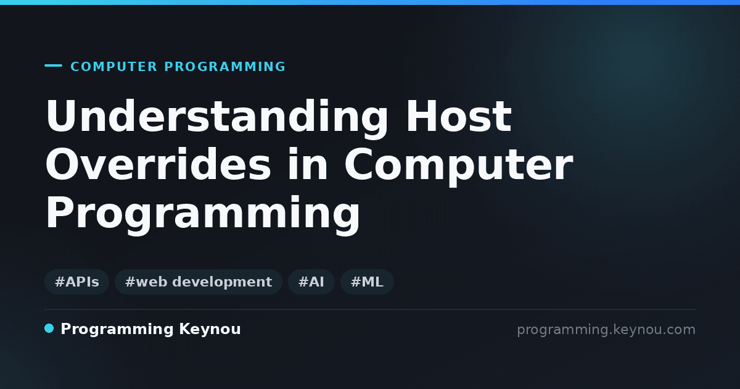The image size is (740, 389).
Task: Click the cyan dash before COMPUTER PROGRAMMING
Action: pyautogui.click(x=53, y=65)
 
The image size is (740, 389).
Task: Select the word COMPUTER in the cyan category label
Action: pyautogui.click(x=113, y=67)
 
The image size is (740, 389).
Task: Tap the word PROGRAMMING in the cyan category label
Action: pyautogui.click(x=224, y=67)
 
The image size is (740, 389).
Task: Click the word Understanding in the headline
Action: pyautogui.click(x=216, y=119)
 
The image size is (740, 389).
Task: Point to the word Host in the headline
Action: pyautogui.click(x=459, y=116)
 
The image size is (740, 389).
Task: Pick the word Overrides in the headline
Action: pyautogui.click(x=158, y=164)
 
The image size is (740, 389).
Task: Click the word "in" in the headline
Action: pyautogui.click(x=308, y=164)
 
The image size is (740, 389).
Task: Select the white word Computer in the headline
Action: pyautogui.click(x=459, y=167)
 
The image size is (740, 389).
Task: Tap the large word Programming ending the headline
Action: pyautogui.click(x=202, y=215)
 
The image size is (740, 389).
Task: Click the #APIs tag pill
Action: pyautogui.click(x=76, y=282)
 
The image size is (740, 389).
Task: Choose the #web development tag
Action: pyautogui.click(x=199, y=282)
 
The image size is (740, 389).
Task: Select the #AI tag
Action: pyautogui.click(x=311, y=282)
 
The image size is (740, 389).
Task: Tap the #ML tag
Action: pyautogui.click(x=367, y=282)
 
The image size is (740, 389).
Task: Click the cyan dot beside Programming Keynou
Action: pyautogui.click(x=49, y=328)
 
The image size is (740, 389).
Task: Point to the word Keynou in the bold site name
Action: pyautogui.click(x=210, y=330)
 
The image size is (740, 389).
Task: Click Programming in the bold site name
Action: pyautogui.click(x=117, y=330)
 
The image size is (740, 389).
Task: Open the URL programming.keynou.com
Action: pyautogui.click(x=606, y=330)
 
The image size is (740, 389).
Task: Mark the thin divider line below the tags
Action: pyautogui.click(x=370, y=309)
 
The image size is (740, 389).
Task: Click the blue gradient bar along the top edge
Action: pyautogui.click(x=370, y=2)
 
